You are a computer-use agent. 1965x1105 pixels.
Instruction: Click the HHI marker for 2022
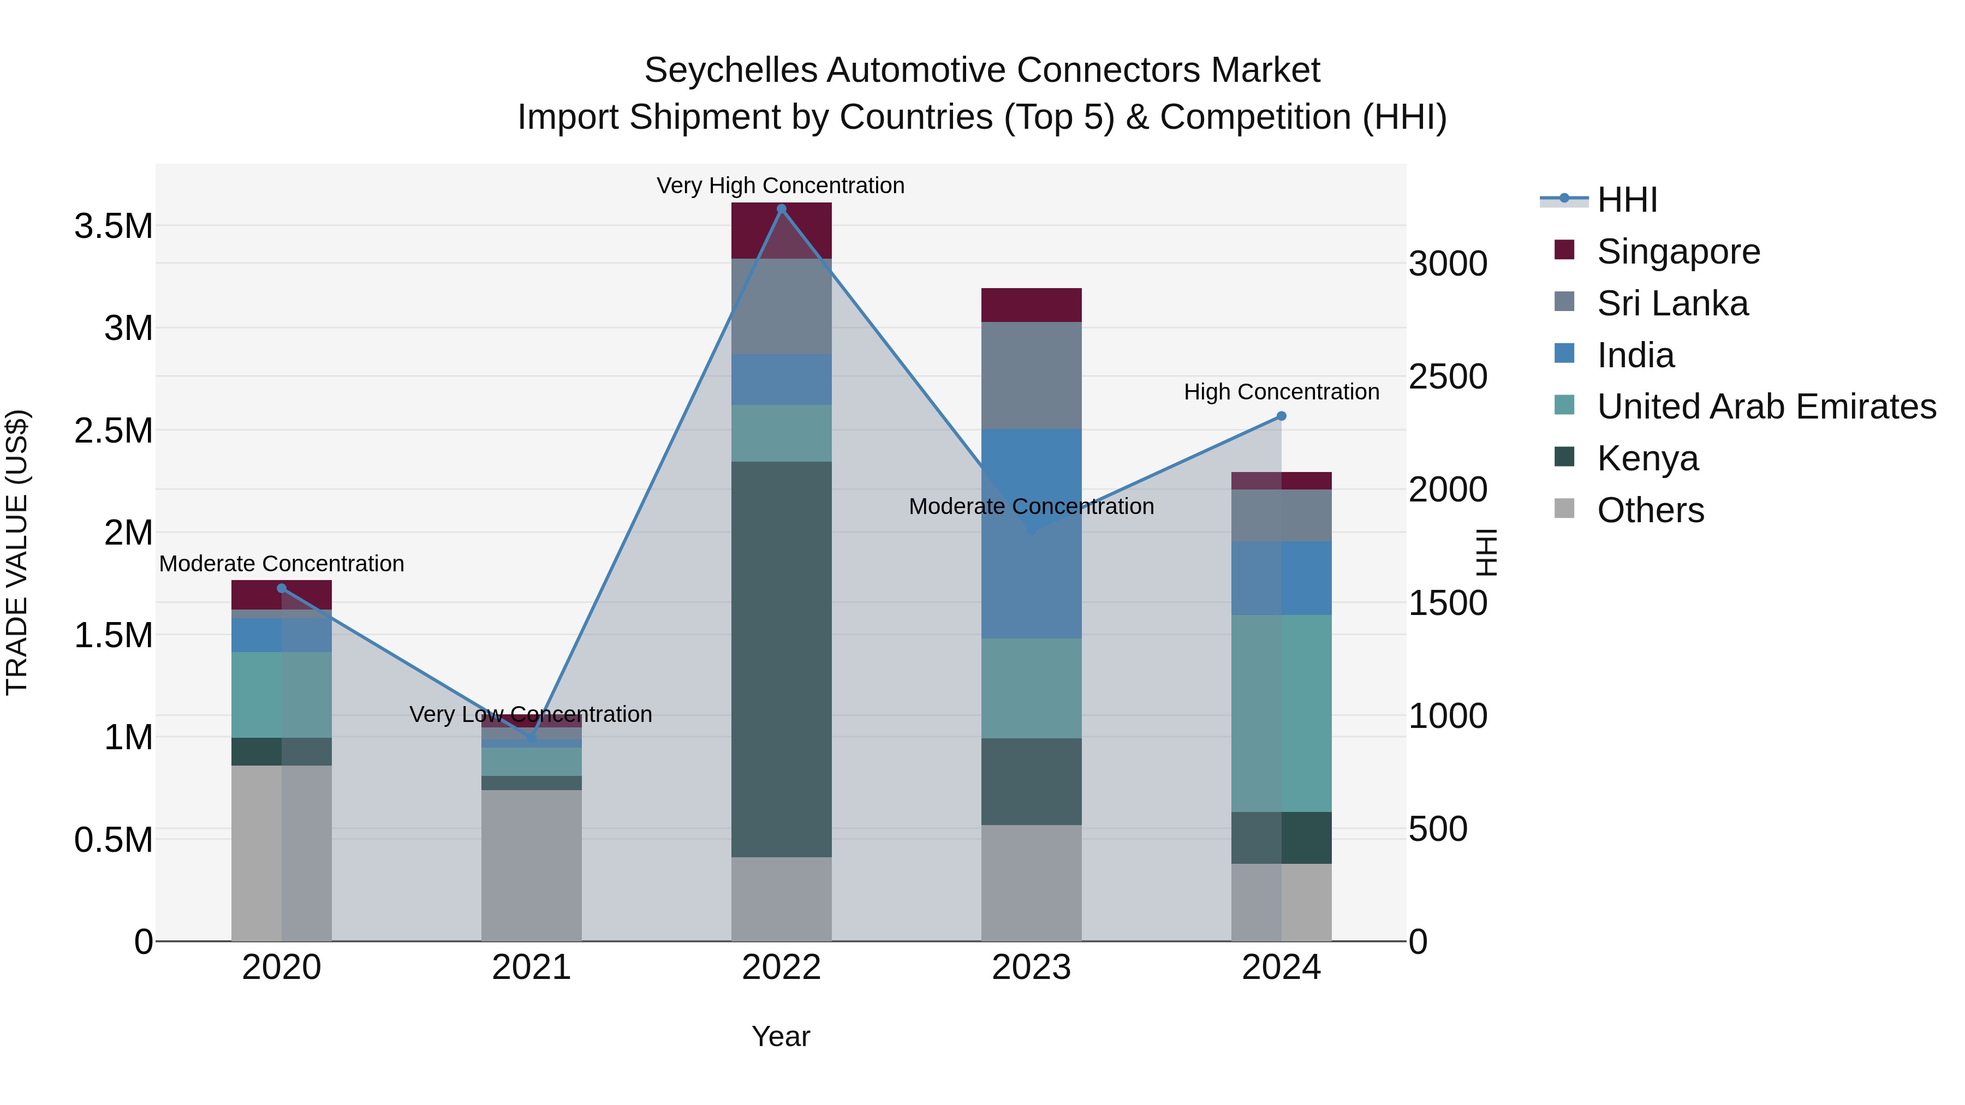781,209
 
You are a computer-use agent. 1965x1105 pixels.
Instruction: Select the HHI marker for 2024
1282,416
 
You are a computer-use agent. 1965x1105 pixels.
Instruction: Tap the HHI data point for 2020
282,588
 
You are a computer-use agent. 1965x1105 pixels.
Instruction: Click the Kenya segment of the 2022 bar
781,660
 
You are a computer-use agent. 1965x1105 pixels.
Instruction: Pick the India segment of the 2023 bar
1031,534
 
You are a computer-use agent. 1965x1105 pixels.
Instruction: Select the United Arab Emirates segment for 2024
1282,713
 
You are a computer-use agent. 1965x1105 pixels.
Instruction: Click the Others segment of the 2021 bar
531,865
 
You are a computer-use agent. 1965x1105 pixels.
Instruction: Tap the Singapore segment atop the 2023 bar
1031,305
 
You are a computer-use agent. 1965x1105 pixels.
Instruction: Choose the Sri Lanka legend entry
1672,303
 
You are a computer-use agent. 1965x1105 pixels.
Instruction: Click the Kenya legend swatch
1564,458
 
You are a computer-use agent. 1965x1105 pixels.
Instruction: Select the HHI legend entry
1627,200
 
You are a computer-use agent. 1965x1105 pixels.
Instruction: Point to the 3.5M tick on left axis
114,226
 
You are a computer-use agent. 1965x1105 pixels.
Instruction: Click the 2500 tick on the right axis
1448,377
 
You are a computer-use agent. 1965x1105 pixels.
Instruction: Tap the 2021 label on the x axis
531,967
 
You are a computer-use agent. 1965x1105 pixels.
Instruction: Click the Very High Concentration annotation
781,186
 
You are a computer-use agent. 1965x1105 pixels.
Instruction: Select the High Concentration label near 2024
1282,392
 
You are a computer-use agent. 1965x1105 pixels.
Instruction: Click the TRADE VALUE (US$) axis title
17,552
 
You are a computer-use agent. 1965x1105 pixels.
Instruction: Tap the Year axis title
781,1036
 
